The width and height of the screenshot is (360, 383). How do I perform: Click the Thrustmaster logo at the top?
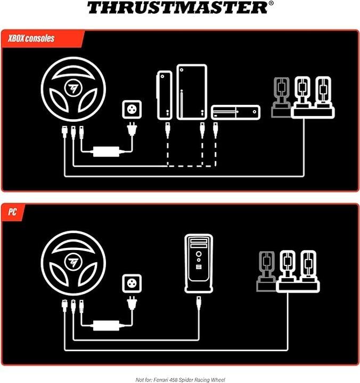click(x=180, y=7)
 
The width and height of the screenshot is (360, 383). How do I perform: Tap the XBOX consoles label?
click(x=31, y=38)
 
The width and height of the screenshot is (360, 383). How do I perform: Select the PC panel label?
click(x=12, y=212)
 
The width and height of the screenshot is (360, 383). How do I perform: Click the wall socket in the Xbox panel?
click(x=132, y=110)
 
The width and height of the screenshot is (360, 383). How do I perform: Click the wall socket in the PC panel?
click(x=132, y=284)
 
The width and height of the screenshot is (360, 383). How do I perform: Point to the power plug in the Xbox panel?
click(x=132, y=129)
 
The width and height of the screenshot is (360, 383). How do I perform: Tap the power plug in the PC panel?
click(x=132, y=303)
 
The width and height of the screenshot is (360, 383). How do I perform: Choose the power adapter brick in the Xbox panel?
click(x=106, y=152)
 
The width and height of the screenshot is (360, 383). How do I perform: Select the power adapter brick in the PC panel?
click(x=106, y=326)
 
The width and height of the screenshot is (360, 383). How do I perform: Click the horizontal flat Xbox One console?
click(x=235, y=112)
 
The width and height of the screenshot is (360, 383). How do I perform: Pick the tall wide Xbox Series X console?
click(x=192, y=92)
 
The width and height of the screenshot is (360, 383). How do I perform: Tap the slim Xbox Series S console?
click(x=165, y=95)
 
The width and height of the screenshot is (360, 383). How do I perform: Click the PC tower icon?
click(x=199, y=263)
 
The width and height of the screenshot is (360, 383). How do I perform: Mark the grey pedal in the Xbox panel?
click(x=281, y=98)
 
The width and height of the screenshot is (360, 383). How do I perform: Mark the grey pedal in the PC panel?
click(x=267, y=271)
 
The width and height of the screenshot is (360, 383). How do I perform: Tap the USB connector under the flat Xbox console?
click(x=215, y=129)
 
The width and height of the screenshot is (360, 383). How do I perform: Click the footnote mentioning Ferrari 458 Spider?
click(x=180, y=380)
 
